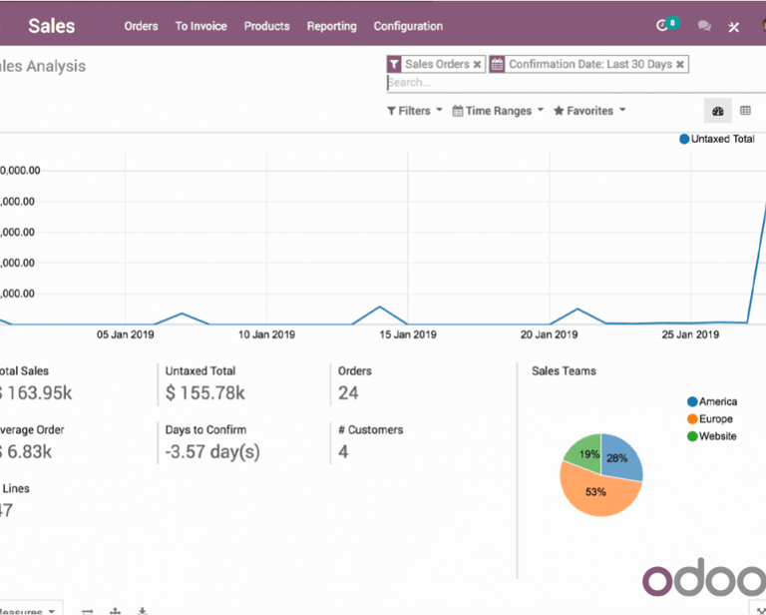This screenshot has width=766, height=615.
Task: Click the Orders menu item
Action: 141,26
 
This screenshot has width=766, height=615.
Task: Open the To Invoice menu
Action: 200,26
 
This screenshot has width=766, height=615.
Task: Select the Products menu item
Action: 266,26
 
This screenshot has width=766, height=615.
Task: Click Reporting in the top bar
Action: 331,26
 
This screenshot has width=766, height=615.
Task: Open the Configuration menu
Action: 408,26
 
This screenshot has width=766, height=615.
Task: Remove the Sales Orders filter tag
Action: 477,64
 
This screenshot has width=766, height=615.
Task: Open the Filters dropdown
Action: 415,111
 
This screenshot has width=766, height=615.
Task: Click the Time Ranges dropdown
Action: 498,111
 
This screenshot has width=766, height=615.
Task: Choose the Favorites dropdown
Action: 589,111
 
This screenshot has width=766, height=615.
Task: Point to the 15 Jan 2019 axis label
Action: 409,335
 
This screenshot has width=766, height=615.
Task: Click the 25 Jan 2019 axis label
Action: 691,335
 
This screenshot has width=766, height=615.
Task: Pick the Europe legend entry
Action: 715,419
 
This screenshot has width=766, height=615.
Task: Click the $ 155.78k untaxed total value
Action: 204,393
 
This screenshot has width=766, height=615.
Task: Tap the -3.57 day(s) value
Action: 211,452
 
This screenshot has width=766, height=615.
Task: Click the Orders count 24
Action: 348,393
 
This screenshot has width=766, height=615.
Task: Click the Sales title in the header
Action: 52,26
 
